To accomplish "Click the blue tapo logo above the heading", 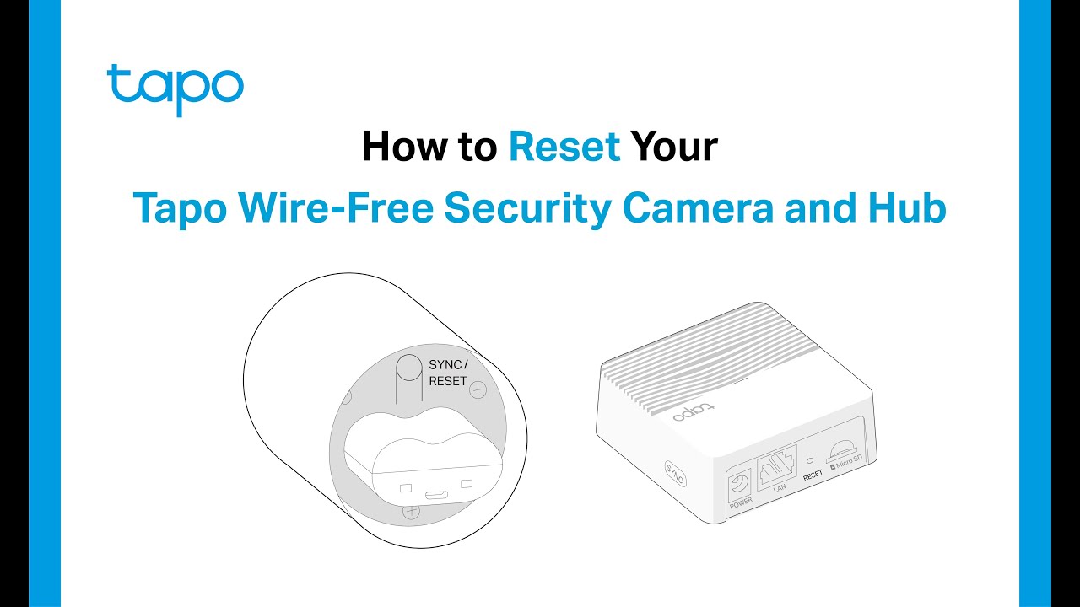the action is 175,90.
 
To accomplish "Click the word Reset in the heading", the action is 564,147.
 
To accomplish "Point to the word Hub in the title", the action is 907,207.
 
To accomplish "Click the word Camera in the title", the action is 698,207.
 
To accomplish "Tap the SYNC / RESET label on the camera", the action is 448,373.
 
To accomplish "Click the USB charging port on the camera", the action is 436,495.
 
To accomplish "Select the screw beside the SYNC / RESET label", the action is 478,389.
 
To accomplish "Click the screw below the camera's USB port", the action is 411,511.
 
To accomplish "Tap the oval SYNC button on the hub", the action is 675,474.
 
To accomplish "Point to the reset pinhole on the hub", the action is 810,460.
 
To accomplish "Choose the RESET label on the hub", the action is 813,475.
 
